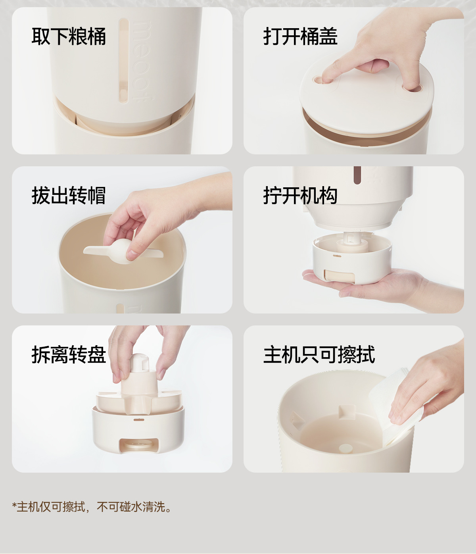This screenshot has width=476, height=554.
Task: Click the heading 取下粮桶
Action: coord(69,36)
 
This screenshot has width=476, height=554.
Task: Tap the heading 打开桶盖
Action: coord(300,36)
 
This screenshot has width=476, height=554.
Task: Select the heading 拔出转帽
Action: coord(69,195)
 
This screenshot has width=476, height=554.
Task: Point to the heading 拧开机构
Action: coord(300,195)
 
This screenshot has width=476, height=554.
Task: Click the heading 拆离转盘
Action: coord(69,355)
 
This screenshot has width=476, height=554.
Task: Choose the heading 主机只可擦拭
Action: coord(319,355)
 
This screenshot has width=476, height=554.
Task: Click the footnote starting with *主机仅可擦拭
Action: coord(92,506)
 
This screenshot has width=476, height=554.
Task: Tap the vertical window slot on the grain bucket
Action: coord(123,60)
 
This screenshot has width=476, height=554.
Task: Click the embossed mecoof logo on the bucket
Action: coord(142,61)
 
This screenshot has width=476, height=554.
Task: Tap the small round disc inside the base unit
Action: coord(346,448)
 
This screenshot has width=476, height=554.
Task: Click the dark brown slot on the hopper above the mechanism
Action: coord(357,175)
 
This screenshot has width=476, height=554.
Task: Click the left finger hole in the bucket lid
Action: coord(319,80)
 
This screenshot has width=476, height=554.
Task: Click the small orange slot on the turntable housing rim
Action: coord(139,419)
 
